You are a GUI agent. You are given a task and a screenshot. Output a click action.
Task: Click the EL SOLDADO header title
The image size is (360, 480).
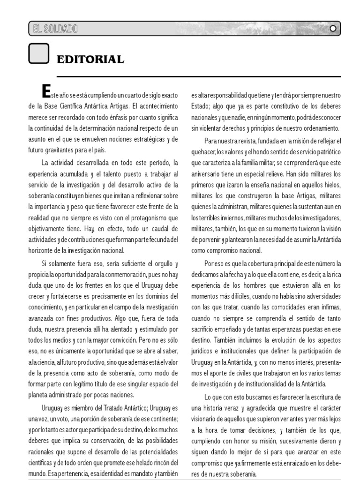[x=54, y=29]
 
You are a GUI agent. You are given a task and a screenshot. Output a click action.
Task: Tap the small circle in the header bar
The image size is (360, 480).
[x=333, y=29]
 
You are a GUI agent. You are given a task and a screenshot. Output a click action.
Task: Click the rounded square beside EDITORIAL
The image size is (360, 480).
[x=39, y=54]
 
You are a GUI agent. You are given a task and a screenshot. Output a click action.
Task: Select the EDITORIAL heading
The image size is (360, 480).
[x=90, y=60]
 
